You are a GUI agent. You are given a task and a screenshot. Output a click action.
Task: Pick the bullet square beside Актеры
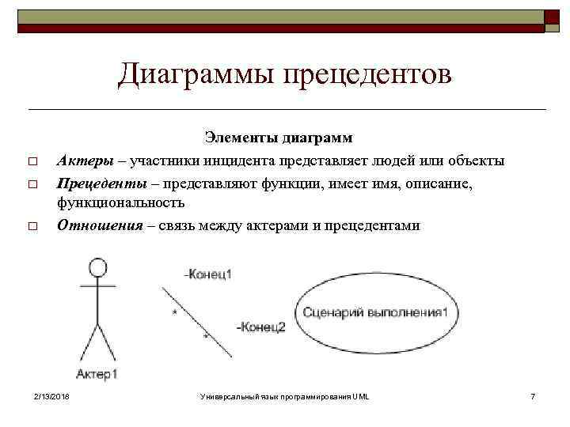(32, 162)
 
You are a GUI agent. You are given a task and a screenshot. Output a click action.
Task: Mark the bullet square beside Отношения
(32, 226)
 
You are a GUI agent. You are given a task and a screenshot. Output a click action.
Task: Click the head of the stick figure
(97, 266)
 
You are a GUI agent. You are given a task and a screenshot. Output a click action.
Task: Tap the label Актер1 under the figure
(98, 373)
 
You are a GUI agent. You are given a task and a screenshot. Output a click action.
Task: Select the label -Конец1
(207, 274)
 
